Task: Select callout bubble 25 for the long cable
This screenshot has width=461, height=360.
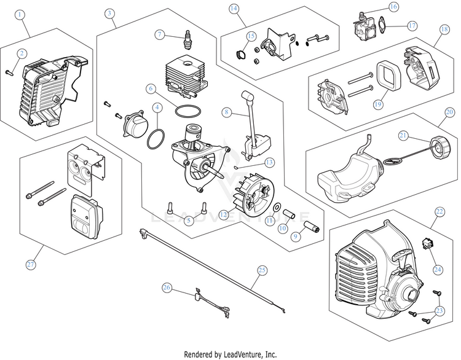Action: pos(262,269)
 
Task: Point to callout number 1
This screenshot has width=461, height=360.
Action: pos(22,12)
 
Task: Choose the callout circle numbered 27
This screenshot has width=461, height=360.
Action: pos(31,264)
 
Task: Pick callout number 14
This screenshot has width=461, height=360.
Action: pos(234,9)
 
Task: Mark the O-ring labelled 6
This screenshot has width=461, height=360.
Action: pos(187,111)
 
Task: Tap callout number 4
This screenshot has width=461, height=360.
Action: pos(158,107)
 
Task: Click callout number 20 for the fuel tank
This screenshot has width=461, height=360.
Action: pos(449,112)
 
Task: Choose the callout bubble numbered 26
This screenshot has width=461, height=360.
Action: pos(167,287)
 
